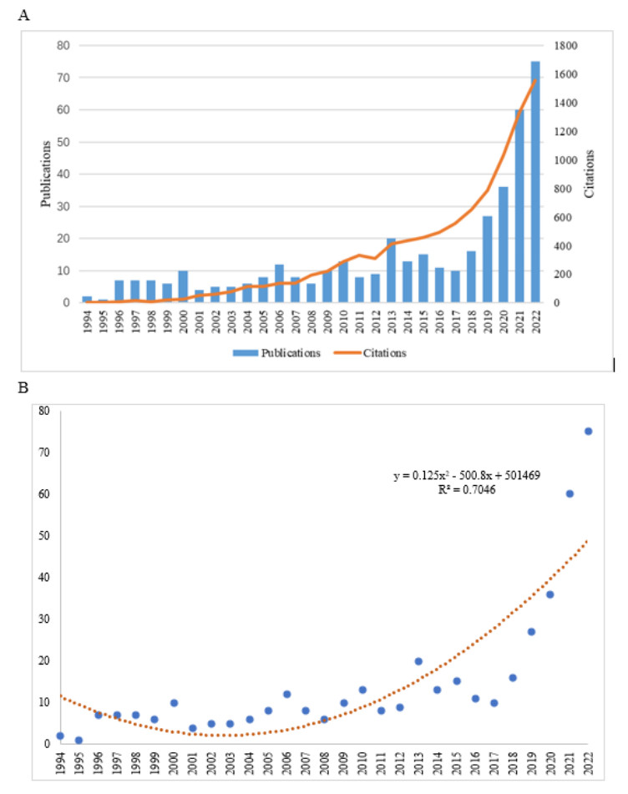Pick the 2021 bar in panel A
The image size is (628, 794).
click(519, 206)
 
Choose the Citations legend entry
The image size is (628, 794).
click(377, 352)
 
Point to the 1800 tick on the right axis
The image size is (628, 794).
click(564, 46)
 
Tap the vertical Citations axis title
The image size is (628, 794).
click(590, 174)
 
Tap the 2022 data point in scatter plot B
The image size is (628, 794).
click(588, 431)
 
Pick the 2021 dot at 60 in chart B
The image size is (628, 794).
click(570, 493)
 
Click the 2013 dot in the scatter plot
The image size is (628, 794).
click(418, 661)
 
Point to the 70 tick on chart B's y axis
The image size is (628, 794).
click(43, 453)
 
